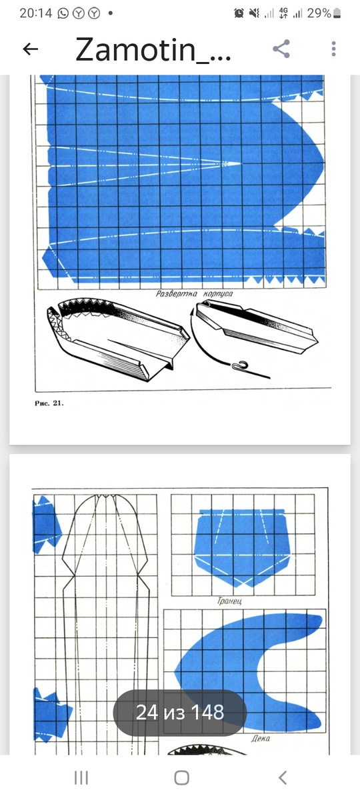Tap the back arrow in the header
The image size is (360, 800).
[31, 49]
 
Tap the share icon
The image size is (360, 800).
[281, 49]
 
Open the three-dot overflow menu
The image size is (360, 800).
[333, 49]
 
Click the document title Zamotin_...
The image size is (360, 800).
[153, 49]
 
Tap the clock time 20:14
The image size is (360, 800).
[36, 13]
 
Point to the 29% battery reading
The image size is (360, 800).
[319, 13]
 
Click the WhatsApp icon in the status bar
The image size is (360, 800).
[63, 13]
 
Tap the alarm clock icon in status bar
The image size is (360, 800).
[239, 13]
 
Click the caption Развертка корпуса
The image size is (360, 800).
[194, 294]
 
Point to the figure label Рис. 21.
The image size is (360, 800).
[49, 403]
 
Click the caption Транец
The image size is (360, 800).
[229, 601]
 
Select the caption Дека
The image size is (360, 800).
[261, 739]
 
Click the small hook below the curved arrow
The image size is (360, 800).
[239, 365]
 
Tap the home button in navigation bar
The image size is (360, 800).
[181, 777]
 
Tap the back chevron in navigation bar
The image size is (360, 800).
[283, 777]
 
